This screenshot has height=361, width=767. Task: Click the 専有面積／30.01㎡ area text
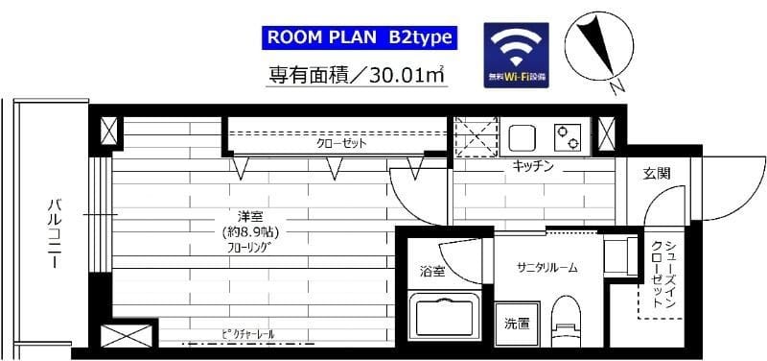point(358,73)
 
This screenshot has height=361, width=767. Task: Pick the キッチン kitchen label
point(533,166)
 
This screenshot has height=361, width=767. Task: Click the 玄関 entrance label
point(657,174)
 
